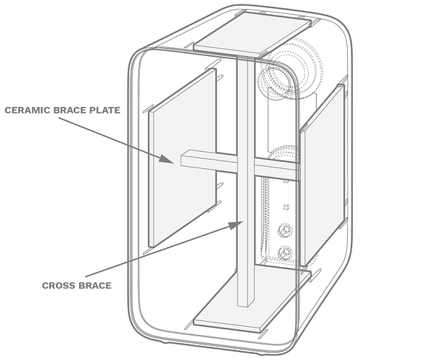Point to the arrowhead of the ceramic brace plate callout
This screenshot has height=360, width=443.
tap(166, 159)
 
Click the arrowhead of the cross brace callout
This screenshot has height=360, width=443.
tap(236, 225)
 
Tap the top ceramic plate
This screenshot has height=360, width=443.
tap(252, 34)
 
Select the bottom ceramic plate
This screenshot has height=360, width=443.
tap(252, 300)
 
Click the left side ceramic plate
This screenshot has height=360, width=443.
tap(182, 158)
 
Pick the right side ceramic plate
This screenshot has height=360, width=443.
tap(323, 175)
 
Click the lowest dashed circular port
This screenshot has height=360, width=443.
tap(284, 253)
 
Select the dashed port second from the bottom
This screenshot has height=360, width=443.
tap(285, 230)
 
